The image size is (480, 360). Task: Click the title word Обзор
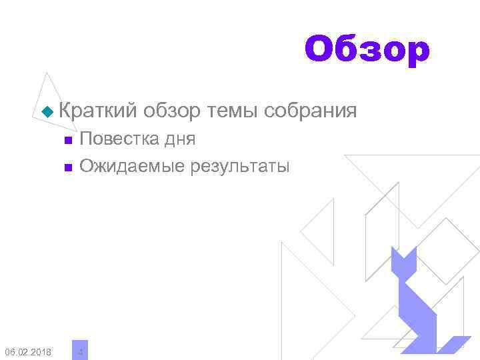coord(367,50)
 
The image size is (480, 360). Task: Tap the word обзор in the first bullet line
coord(171,110)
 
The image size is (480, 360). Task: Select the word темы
coord(233,110)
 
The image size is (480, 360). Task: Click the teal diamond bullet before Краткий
coord(46,111)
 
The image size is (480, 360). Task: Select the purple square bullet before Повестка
coord(67,140)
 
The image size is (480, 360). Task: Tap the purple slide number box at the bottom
coord(80,350)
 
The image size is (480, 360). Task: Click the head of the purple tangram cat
coord(403,263)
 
